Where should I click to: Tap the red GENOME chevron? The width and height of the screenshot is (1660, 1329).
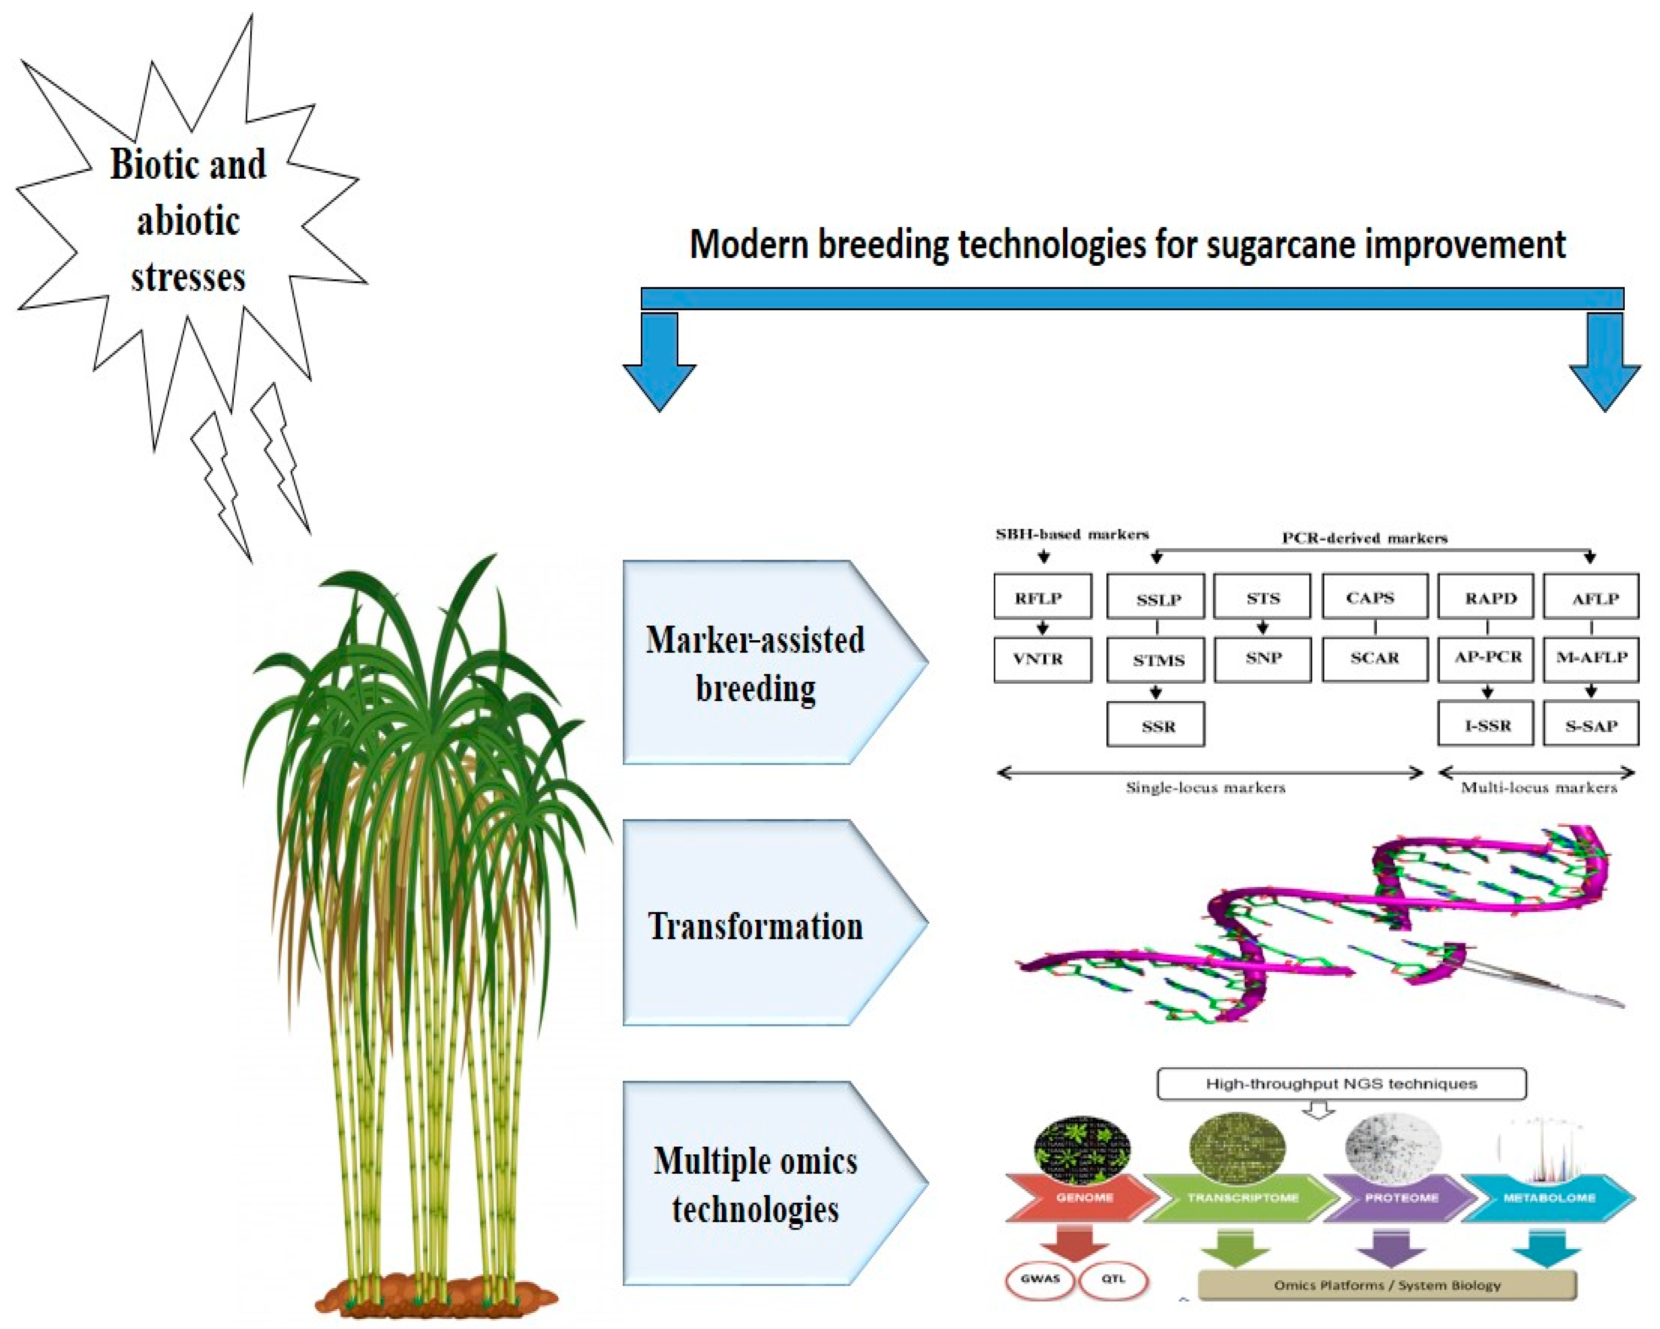pos(1082,1198)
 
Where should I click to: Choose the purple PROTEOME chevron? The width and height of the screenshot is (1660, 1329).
pos(1400,1198)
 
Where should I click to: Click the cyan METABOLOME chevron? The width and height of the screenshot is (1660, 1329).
pos(1548,1198)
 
